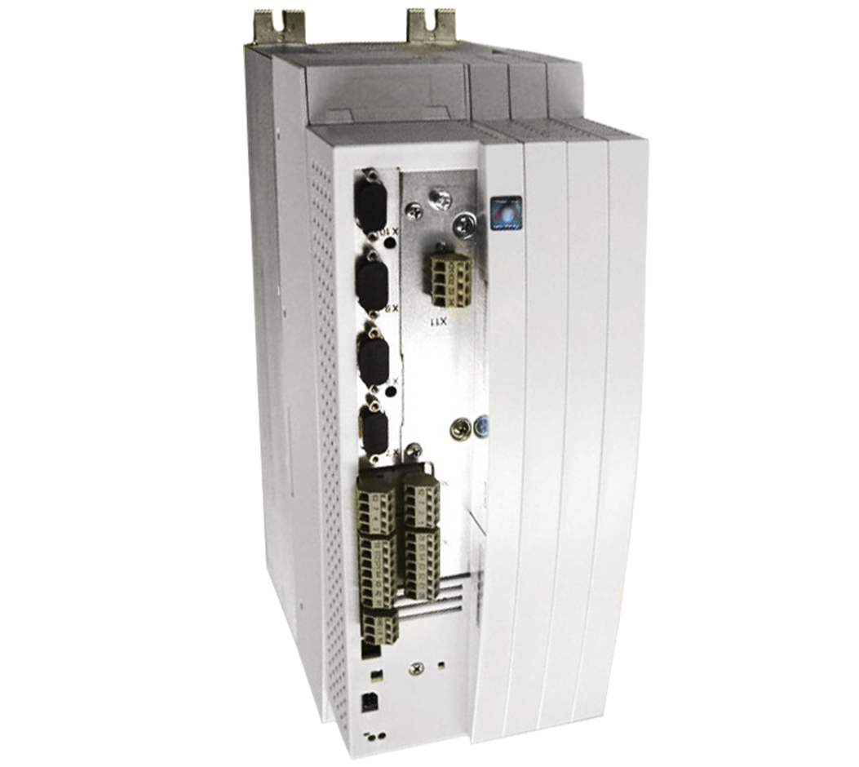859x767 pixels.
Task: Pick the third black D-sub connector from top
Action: (373, 358)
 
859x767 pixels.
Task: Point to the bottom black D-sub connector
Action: (374, 432)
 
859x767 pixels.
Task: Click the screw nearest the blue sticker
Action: (464, 224)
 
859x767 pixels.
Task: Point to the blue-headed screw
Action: (481, 426)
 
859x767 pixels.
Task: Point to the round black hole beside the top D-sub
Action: (389, 242)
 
